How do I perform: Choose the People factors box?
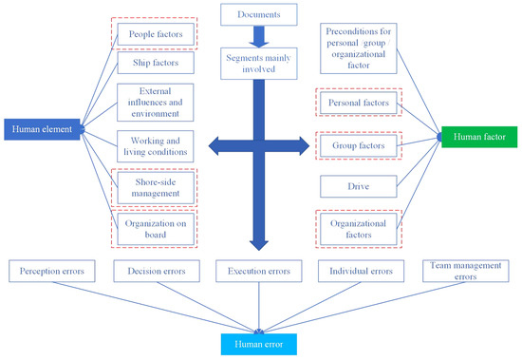(x=156, y=34)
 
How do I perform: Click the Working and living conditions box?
(x=156, y=146)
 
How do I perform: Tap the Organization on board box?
(x=156, y=228)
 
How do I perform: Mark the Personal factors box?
(x=358, y=103)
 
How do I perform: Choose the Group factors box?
(x=358, y=146)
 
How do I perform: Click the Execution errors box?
(x=257, y=271)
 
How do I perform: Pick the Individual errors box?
(x=360, y=271)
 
